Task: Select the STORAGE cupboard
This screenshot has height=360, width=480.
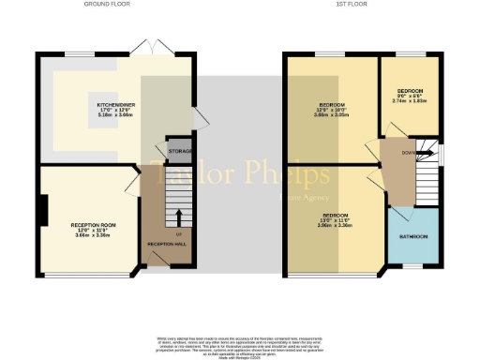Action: point(180,150)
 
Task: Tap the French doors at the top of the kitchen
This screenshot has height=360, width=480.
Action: point(142,47)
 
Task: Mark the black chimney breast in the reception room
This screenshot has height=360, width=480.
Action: point(43,209)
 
